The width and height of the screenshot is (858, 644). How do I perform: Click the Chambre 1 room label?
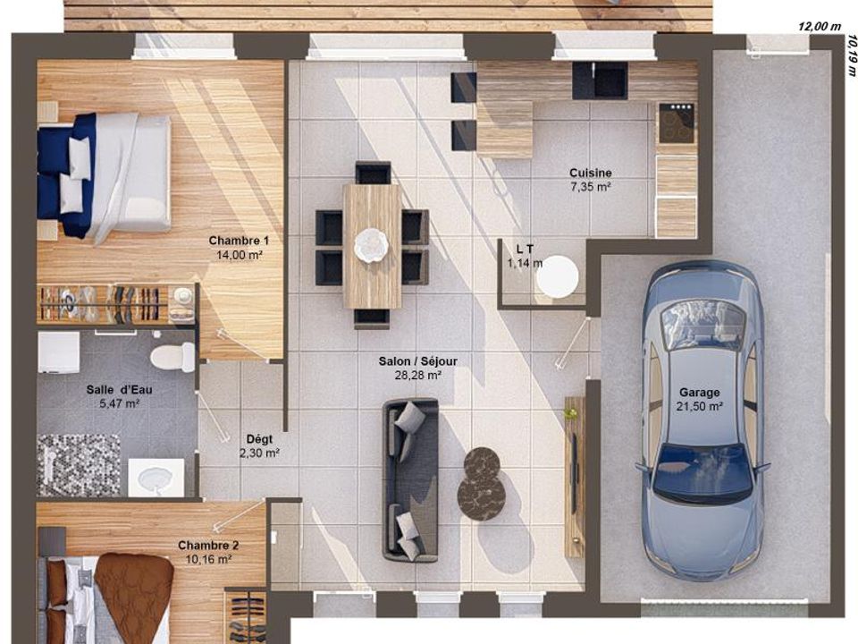coord(239,241)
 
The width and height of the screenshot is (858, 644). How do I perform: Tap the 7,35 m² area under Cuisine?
coord(591,187)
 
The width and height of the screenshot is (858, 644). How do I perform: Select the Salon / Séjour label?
coord(418,361)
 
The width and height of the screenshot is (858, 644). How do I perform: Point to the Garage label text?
coord(699,393)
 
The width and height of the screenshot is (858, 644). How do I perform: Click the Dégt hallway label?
coord(259,439)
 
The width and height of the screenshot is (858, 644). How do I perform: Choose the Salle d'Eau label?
coord(119,390)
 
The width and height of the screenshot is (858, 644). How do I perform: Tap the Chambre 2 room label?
coord(208,546)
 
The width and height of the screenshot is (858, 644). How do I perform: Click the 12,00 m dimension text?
coord(820,26)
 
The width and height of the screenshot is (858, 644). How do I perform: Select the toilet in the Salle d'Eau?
coord(172,357)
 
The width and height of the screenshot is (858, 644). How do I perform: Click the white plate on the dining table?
coord(371,244)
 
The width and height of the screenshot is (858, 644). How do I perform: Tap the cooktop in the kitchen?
coord(677,123)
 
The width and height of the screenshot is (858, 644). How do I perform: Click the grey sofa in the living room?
coord(410,480)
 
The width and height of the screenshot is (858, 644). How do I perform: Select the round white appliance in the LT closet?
coord(557,276)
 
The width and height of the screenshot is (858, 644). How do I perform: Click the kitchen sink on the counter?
coord(600,80)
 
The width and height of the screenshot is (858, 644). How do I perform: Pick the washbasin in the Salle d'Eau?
coord(156,478)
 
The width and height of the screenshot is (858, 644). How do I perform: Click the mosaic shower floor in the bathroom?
coord(79,465)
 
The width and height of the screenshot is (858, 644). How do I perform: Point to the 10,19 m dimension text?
coord(851,55)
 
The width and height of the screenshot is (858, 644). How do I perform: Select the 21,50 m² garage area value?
coord(699,406)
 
